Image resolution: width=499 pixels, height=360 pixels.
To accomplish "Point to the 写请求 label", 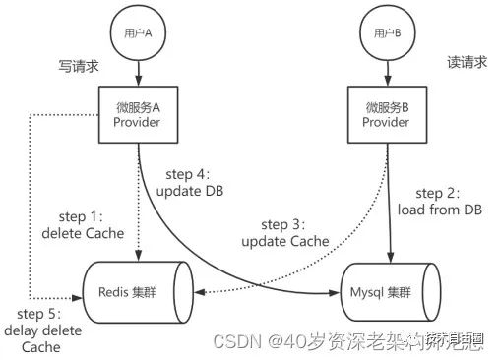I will click(x=79, y=66).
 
